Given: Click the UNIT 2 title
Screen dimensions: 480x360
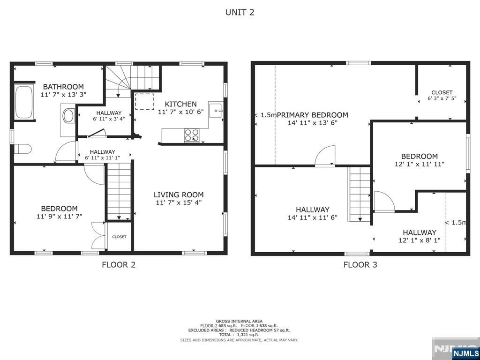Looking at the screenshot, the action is coord(240,12).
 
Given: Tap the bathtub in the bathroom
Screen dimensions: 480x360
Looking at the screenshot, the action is coord(24,102).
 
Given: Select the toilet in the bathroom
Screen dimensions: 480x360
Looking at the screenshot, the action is coord(22,149).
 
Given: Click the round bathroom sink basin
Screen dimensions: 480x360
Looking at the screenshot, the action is coord(68,116).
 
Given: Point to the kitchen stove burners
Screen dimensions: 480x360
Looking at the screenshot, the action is coord(192,135).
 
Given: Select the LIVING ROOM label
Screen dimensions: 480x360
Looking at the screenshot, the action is coord(179,195).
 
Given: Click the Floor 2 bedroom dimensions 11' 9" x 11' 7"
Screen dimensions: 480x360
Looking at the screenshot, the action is coord(59,217).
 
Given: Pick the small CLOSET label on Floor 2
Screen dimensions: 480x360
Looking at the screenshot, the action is coord(119,237).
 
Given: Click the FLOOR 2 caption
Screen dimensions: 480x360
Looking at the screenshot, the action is coord(119,264).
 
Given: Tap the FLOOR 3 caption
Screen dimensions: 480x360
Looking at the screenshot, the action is coord(360,264).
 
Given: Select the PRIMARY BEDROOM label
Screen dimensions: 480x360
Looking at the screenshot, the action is coord(313,115).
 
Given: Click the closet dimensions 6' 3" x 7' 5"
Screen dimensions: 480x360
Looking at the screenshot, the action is coord(442,98).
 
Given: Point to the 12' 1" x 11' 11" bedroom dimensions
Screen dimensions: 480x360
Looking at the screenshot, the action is coord(420,164).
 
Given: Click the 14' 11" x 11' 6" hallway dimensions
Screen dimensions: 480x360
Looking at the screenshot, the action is coord(312,217).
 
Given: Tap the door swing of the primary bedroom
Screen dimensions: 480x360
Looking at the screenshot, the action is coord(325,156).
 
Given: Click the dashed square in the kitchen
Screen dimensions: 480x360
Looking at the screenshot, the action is coord(144,102).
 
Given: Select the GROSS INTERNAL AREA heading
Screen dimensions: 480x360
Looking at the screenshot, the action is coord(240,321).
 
